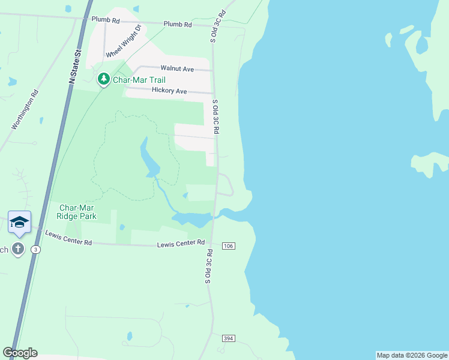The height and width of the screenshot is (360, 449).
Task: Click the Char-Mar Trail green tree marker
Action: point(104,79)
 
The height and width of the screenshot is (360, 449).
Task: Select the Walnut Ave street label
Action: point(176,69)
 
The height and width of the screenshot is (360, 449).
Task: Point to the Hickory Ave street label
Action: point(169,91)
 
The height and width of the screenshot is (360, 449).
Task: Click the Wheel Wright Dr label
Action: point(123,41)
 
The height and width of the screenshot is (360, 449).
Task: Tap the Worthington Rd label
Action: point(25,110)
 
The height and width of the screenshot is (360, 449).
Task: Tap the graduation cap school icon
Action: point(19,221)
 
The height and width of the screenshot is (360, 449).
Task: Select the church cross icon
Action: point(18,249)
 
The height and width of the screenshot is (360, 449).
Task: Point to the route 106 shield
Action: point(228,246)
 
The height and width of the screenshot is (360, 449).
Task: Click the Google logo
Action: point(20,353)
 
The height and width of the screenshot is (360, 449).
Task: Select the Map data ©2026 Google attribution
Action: point(412,355)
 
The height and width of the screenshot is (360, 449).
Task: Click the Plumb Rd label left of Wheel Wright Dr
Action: point(106,20)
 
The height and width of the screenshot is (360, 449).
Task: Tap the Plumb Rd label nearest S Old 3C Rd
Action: point(177,25)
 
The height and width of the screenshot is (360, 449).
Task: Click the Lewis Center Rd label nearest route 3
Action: point(70,239)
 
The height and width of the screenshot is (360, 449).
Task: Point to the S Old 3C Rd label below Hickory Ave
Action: point(215,118)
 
